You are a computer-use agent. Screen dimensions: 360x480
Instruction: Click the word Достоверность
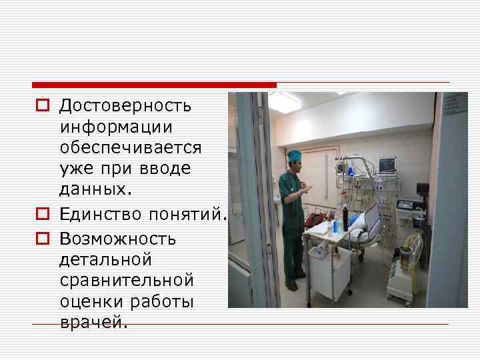click(x=125, y=105)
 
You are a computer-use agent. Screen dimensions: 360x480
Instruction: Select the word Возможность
click(x=117, y=238)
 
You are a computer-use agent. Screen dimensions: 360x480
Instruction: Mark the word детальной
click(x=105, y=259)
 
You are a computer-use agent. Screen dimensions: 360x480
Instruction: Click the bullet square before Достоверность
click(x=41, y=105)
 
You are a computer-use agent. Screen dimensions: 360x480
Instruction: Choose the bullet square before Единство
click(x=41, y=215)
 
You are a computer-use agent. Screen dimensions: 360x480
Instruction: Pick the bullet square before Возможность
click(x=41, y=238)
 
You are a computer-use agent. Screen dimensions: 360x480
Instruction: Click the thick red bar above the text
click(x=154, y=85)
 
